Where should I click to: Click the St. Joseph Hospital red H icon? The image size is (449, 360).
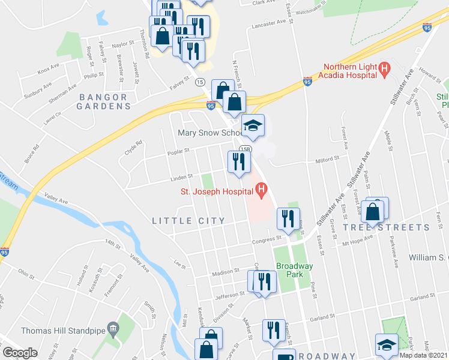pyautogui.click(x=261, y=192)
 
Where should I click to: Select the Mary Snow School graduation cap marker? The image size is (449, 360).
pyautogui.click(x=253, y=125)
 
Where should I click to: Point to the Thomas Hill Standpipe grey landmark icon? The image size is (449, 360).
pyautogui.click(x=113, y=328)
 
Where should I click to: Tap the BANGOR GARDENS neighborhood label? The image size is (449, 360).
pyautogui.click(x=103, y=101)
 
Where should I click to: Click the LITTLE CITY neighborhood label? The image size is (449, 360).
pyautogui.click(x=188, y=221)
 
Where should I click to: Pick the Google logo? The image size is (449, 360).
pyautogui.click(x=20, y=353)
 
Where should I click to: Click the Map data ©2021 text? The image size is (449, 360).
pyautogui.click(x=423, y=355)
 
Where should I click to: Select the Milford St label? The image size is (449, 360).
pyautogui.click(x=328, y=160)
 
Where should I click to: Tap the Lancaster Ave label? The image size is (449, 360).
pyautogui.click(x=269, y=23)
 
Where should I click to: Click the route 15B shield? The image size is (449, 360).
pyautogui.click(x=245, y=149)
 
